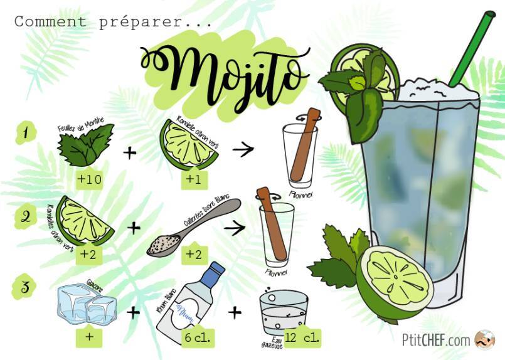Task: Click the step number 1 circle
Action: click(x=26, y=133)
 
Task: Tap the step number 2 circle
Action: click(x=26, y=216)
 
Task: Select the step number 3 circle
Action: click(x=26, y=288)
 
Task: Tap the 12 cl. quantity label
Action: click(x=301, y=337)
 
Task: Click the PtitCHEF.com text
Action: click(x=435, y=341)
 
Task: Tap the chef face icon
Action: click(x=484, y=340)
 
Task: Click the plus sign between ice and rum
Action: click(x=134, y=311)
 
